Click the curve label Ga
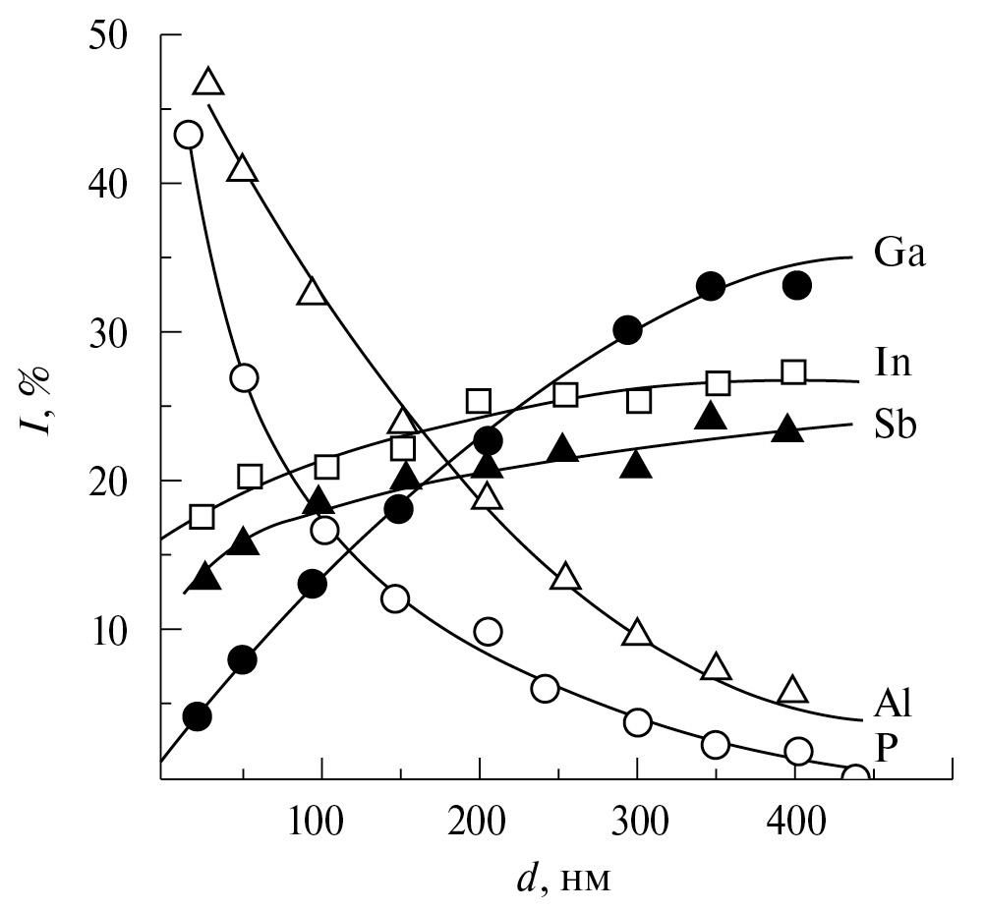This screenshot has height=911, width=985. point(900,255)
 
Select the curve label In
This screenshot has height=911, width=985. point(894,364)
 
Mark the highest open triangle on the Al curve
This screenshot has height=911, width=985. point(208,83)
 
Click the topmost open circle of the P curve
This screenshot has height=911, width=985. point(188,134)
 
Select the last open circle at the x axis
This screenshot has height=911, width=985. point(855,778)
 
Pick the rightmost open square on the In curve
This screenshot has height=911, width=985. point(793,371)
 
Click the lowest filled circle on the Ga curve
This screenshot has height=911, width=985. point(197,716)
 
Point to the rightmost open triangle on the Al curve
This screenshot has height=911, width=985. point(792,691)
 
